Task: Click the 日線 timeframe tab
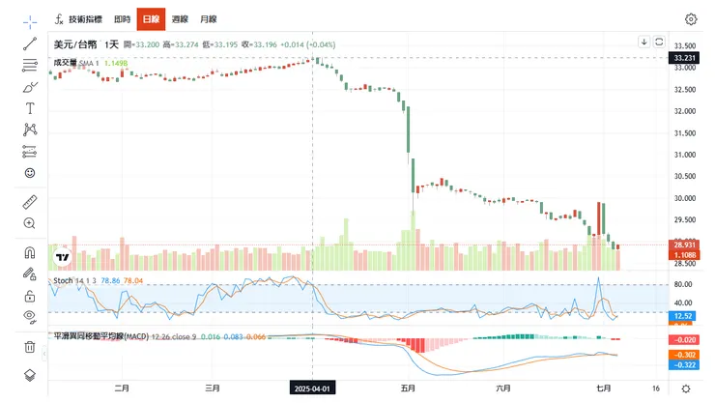[x=151, y=18]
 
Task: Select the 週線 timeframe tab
[x=180, y=18]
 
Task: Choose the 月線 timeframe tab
[x=208, y=18]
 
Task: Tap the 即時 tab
[x=122, y=18]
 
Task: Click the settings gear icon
[x=691, y=18]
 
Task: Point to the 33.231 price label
[x=684, y=58]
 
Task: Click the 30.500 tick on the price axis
[x=685, y=176]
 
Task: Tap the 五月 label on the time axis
[x=408, y=388]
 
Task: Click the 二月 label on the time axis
[x=121, y=388]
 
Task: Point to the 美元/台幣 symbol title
[x=74, y=44]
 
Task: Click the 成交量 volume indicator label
[x=65, y=62]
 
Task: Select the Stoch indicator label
[x=63, y=280]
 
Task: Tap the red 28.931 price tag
[x=684, y=246]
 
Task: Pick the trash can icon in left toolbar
[x=30, y=346]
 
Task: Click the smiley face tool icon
[x=30, y=172]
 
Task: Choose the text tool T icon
[x=30, y=107]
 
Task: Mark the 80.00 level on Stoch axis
[x=683, y=285]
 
